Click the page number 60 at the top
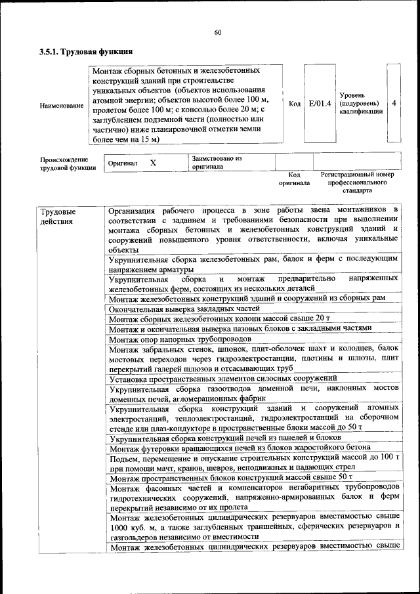point(217,33)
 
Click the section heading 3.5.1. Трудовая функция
point(87,51)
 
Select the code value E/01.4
point(320,104)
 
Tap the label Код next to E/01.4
point(295,104)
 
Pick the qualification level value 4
point(393,104)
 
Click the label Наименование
point(62,105)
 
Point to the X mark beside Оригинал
point(153,163)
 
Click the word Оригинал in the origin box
point(122,163)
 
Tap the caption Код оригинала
point(293,179)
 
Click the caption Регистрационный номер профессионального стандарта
point(357,182)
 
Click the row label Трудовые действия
point(58,217)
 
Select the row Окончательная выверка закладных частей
point(180,308)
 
